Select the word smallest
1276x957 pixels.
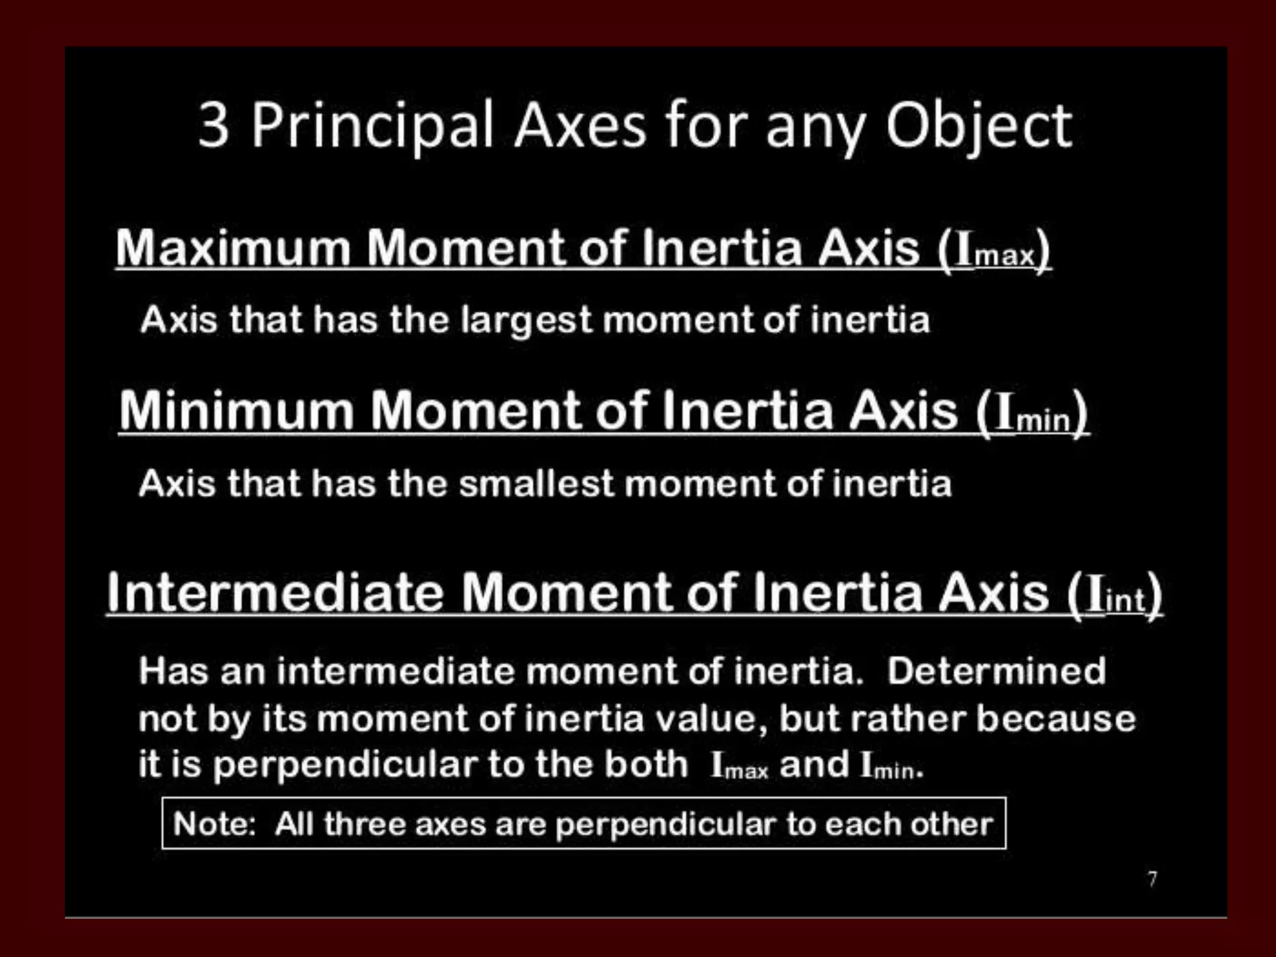[536, 484]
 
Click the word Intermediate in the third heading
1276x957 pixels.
[275, 593]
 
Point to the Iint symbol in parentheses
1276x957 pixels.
[1116, 596]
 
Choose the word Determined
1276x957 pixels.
[996, 672]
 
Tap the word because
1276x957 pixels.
[1055, 718]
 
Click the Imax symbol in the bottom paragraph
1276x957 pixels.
[740, 766]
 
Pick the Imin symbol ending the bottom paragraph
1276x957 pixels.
[888, 766]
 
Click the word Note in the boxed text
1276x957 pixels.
[212, 824]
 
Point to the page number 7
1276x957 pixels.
[1153, 879]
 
